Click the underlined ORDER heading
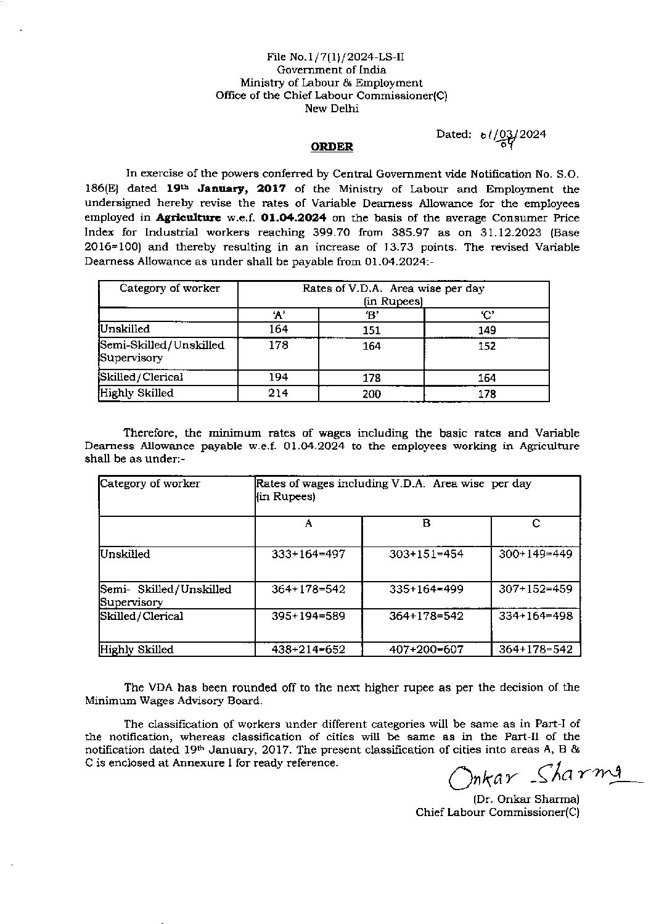pos(332,147)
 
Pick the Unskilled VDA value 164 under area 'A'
pos(278,329)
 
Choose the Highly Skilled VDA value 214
pos(278,394)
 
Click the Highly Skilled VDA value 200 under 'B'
pos(371,394)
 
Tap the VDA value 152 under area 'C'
pos(486,347)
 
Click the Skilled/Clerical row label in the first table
pos(142,377)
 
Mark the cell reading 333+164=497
pos(308,555)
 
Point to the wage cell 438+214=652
pos(308,650)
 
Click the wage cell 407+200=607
pos(426,650)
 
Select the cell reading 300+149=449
pos(535,555)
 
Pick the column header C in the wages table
pos(536,524)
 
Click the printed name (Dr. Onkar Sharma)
pos(526,799)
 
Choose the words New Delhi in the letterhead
pos(332,109)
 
